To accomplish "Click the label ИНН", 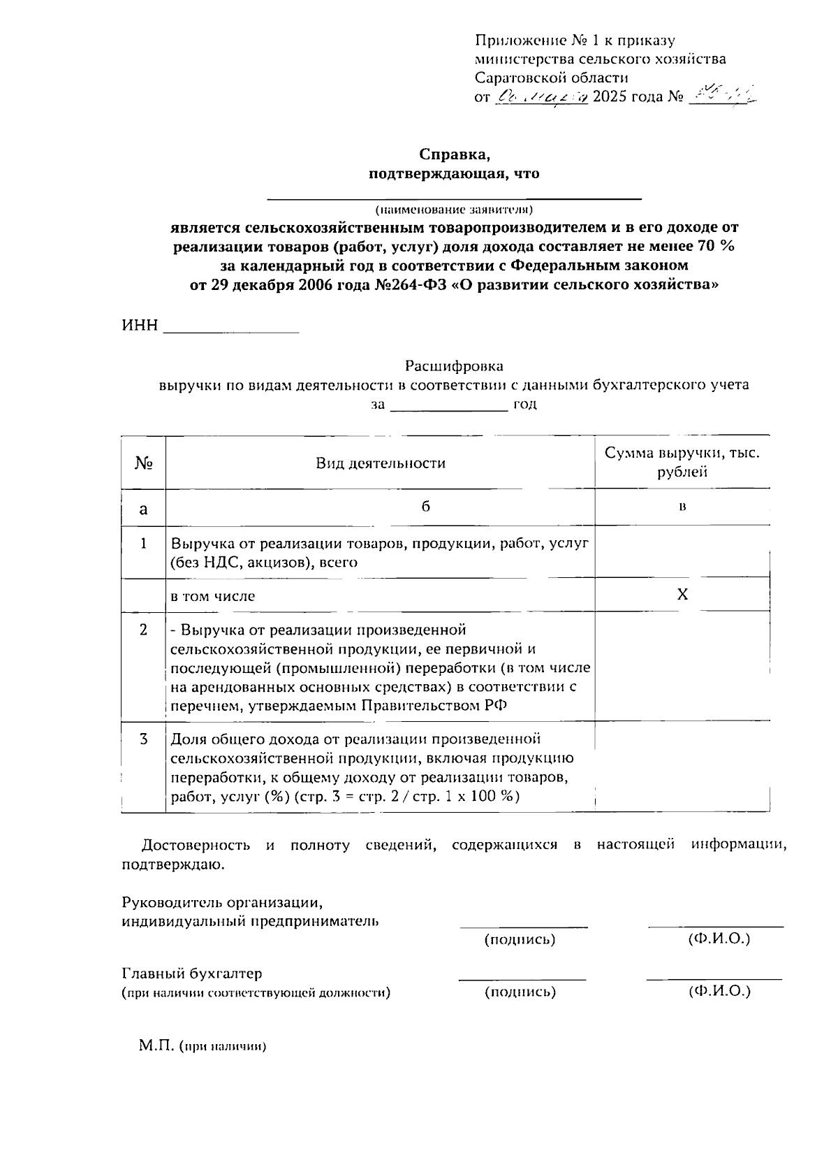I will click(x=140, y=326).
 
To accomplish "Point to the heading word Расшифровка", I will click(x=454, y=366).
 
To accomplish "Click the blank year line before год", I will click(x=448, y=407).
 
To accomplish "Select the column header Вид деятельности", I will click(x=381, y=463).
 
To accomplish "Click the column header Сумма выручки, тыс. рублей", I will click(x=682, y=462).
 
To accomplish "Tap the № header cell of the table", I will click(x=143, y=463).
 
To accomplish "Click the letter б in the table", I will click(x=425, y=507).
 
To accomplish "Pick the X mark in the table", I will click(x=682, y=595).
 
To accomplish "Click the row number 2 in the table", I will click(x=143, y=630).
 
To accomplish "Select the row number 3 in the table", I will click(x=143, y=739).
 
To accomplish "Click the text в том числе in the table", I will click(x=213, y=596).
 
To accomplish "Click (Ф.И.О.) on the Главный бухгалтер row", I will click(x=719, y=991).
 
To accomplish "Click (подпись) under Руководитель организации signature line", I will click(x=520, y=940).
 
